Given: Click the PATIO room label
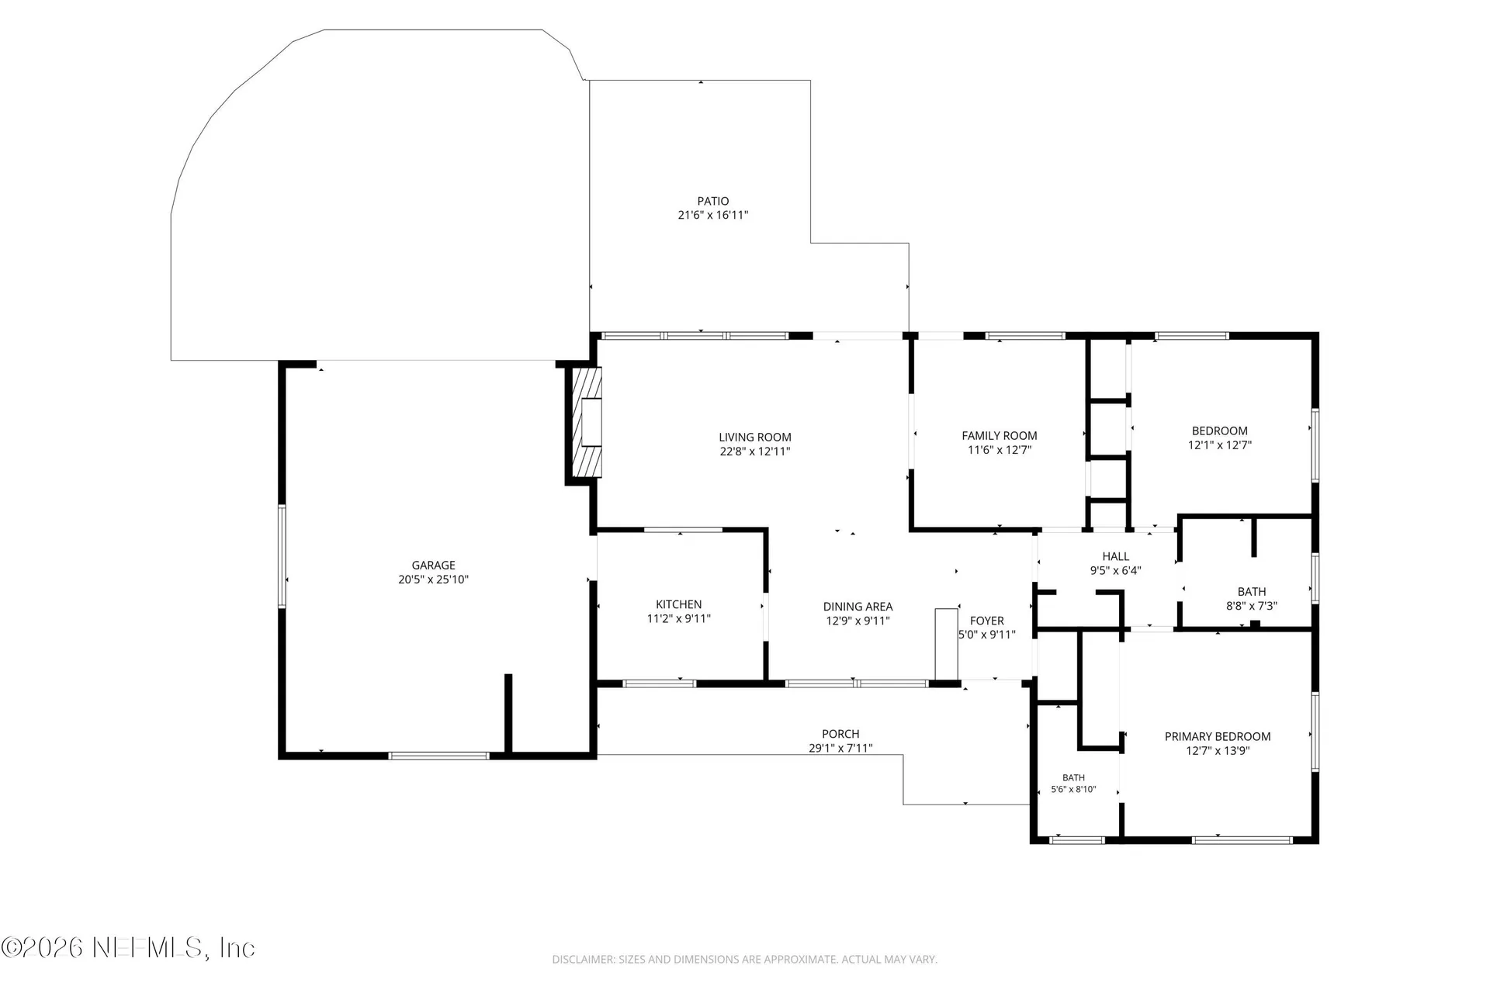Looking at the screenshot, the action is [x=712, y=201].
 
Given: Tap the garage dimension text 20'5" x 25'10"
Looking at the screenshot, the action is [x=433, y=580].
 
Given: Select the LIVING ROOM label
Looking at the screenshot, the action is [x=755, y=438].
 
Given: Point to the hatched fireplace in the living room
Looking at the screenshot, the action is [x=587, y=422].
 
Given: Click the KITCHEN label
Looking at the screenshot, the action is [x=679, y=604].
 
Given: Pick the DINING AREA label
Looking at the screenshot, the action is [x=858, y=607].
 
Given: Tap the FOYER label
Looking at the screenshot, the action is [x=987, y=621].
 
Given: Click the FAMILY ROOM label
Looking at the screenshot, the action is [x=1000, y=436].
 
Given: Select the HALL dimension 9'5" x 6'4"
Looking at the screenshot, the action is [x=1116, y=570].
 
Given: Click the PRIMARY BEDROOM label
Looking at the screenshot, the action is [x=1218, y=736].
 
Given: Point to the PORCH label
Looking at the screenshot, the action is [x=840, y=734].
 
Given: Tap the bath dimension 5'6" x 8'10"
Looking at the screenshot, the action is [x=1073, y=790].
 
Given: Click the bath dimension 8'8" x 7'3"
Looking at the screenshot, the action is [x=1252, y=606].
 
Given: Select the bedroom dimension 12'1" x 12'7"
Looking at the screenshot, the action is [x=1220, y=445].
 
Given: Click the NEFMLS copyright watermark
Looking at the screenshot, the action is [x=128, y=947].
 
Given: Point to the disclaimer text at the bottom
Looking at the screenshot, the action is [x=744, y=960].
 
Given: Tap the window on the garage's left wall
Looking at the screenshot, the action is [x=282, y=555].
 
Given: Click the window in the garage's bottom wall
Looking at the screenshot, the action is [x=438, y=755].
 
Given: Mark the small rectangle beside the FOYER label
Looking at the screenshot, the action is [x=947, y=643].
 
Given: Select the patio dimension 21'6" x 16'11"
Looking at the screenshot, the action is [x=712, y=216].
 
